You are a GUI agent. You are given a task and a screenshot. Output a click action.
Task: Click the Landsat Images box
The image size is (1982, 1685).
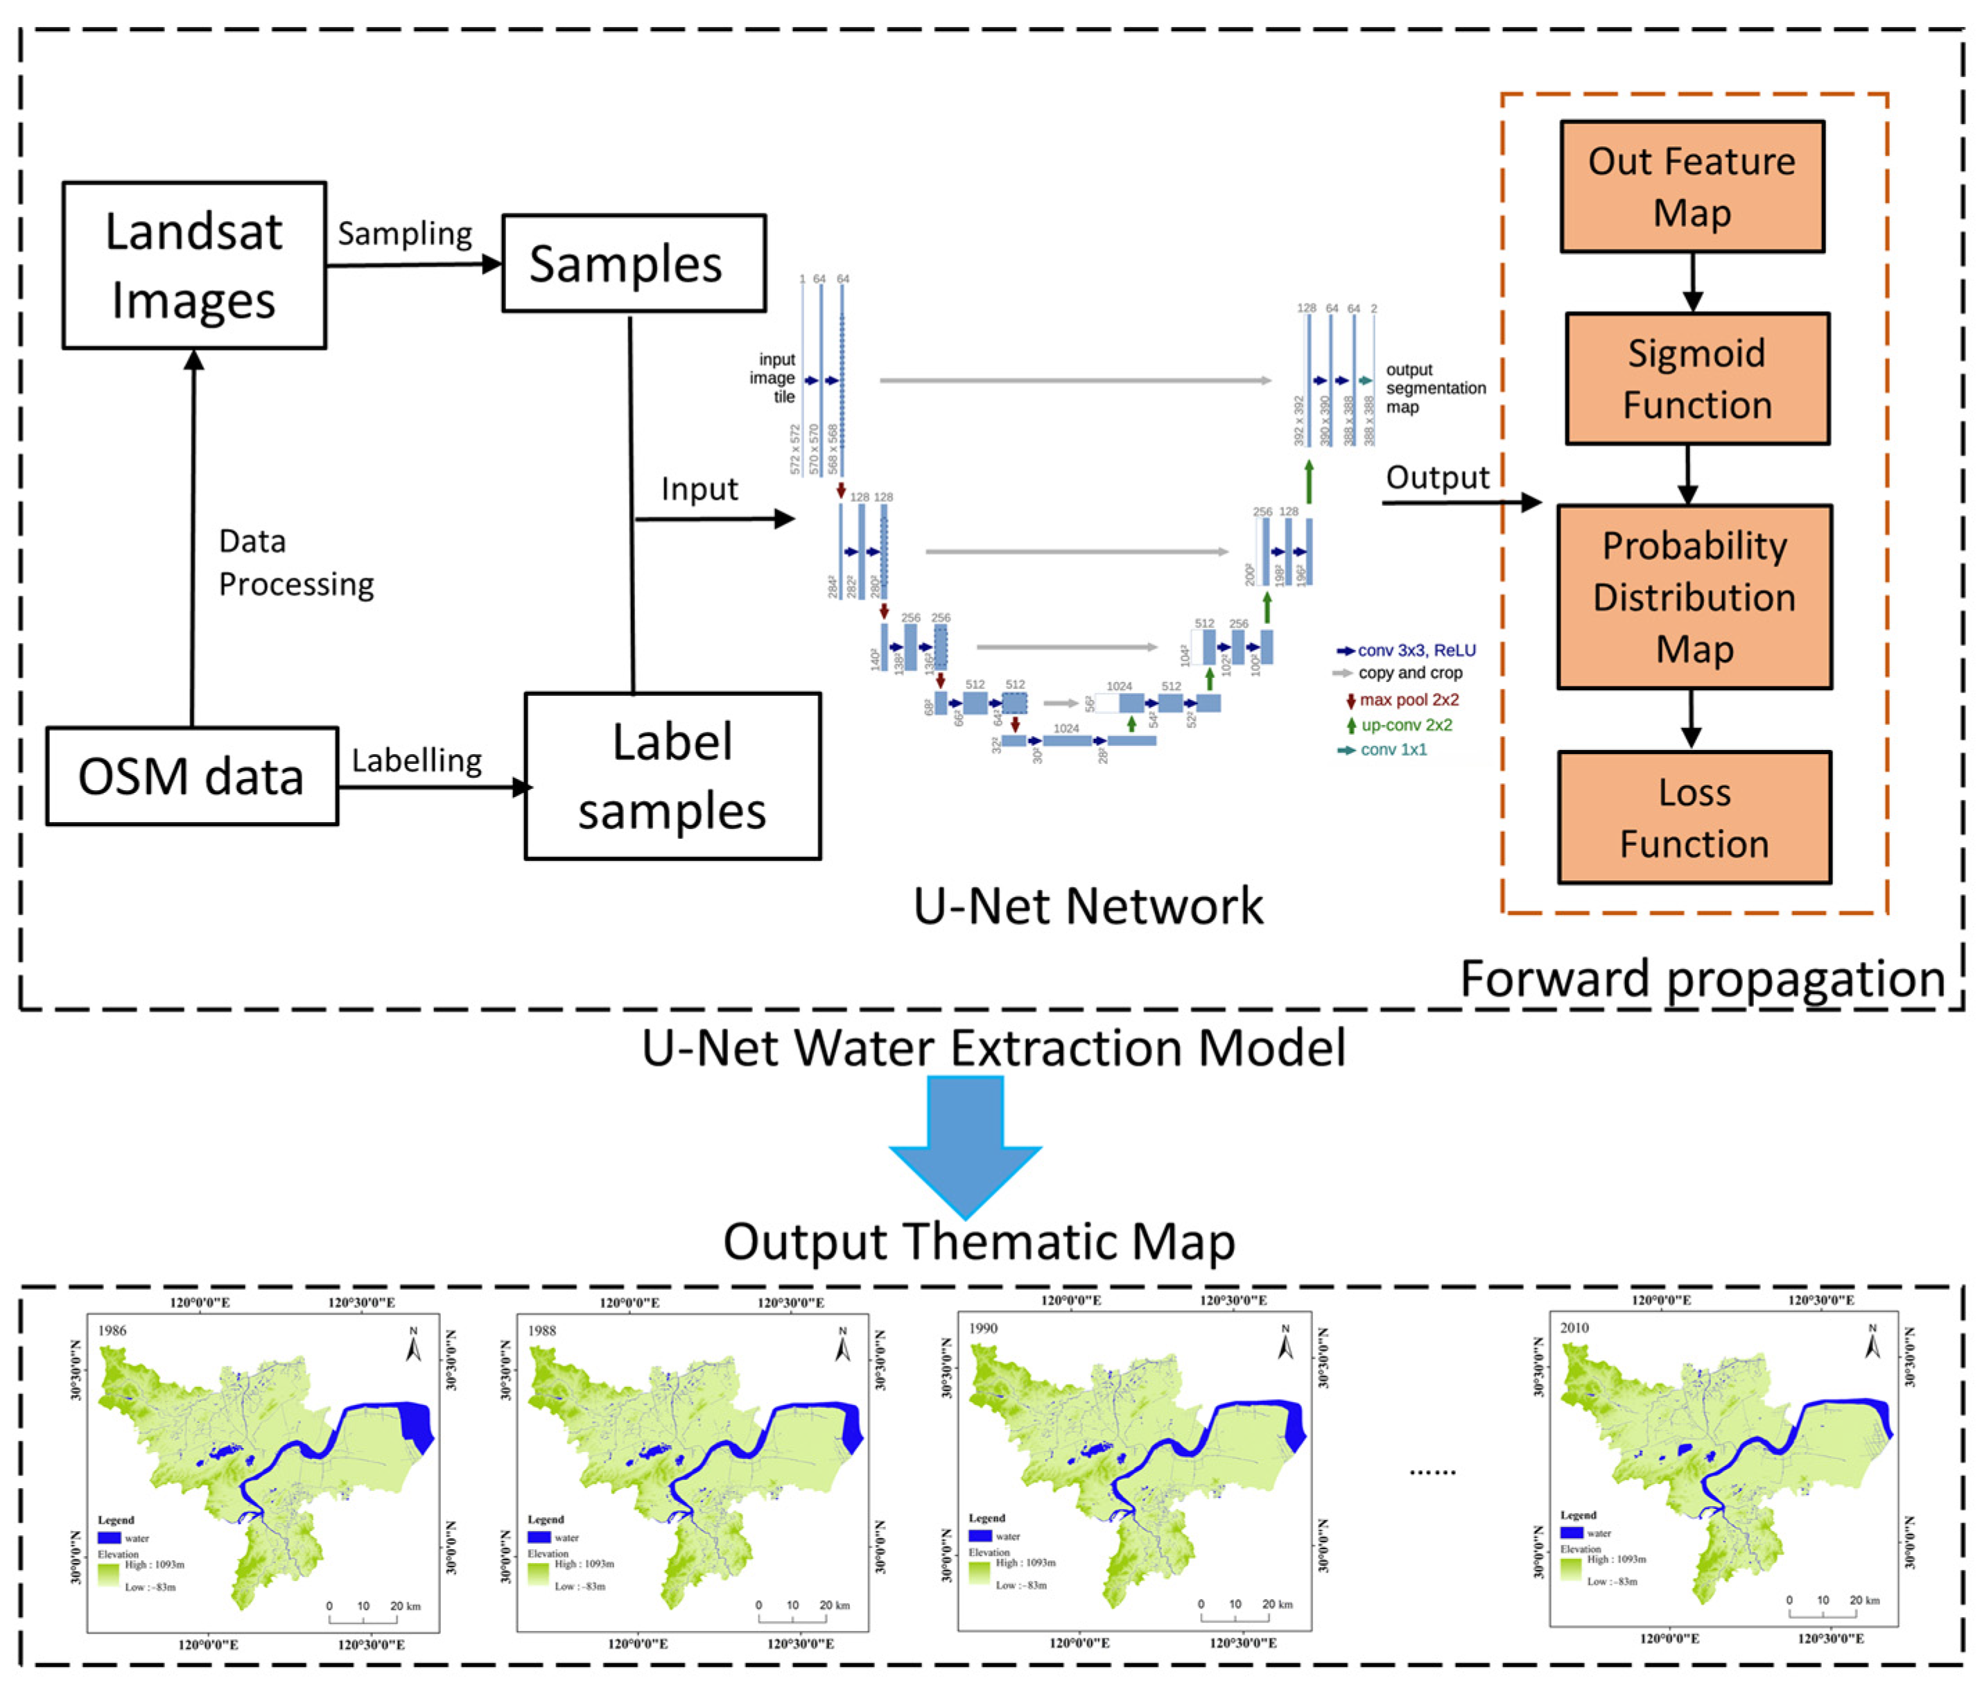coord(194,265)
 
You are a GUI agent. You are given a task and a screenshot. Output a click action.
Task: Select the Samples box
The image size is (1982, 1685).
coord(634,263)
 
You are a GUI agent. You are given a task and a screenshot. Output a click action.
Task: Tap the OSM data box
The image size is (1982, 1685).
coord(191,776)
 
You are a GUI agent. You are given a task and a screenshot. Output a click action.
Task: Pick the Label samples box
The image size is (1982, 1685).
coord(672,776)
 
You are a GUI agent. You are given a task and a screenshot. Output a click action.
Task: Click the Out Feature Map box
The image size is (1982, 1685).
coord(1692,186)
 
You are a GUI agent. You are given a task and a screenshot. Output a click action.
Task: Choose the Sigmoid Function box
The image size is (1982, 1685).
coord(1696,378)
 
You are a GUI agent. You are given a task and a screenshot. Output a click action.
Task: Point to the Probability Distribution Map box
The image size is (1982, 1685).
coord(1694,596)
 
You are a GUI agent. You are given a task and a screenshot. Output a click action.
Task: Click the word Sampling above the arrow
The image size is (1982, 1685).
coord(405,234)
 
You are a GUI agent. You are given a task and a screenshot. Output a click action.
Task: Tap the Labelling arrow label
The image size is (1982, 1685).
coord(417,760)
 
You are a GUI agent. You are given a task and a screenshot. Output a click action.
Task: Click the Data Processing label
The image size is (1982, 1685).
coord(295,563)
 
